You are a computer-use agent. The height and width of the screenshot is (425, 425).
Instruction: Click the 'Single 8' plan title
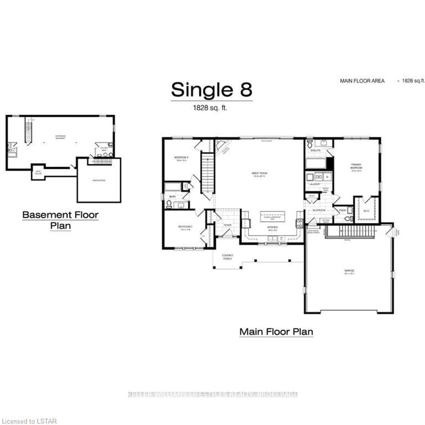point(211,89)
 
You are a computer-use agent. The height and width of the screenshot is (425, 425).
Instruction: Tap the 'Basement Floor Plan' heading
point(60,220)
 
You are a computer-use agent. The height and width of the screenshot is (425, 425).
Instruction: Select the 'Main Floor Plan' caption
point(276,332)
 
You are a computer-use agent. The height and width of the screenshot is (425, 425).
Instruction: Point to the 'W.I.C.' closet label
point(366,209)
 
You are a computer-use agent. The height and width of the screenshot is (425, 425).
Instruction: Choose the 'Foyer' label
point(227,225)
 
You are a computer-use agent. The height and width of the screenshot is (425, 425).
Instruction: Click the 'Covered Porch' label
point(227,257)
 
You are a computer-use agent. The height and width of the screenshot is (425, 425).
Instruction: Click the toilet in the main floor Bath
point(169,204)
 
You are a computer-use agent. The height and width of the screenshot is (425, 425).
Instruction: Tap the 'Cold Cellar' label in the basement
point(38,172)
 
